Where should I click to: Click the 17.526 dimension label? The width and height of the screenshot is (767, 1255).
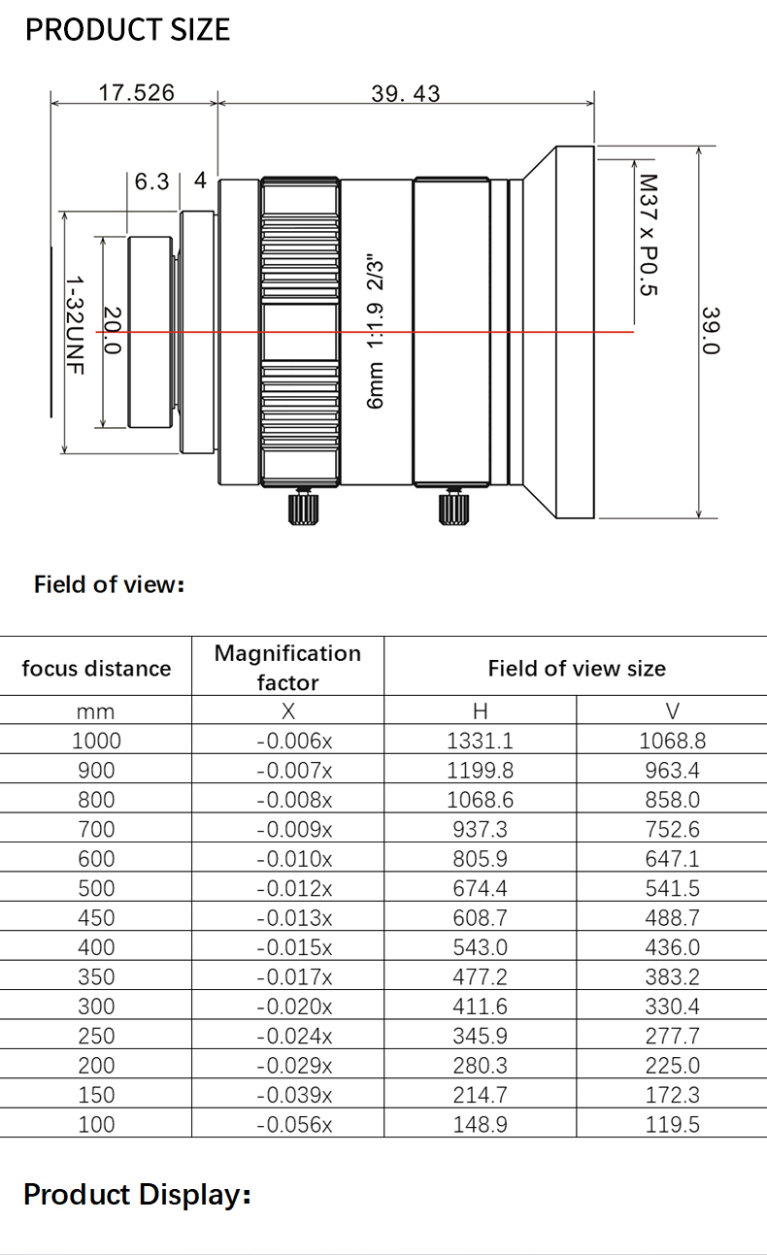point(136,92)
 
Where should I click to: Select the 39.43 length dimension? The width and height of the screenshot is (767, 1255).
point(405,93)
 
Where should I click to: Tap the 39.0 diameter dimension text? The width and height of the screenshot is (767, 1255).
point(711,330)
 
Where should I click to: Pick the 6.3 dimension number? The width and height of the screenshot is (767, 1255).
point(151,182)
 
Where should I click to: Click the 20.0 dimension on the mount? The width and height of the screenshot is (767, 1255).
point(112,330)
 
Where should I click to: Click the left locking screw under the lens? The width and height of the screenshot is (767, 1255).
point(302,506)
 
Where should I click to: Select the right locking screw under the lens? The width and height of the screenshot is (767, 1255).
point(450,507)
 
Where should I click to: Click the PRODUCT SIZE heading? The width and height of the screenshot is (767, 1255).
point(127,30)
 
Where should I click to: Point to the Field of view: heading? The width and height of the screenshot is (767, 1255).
point(109,584)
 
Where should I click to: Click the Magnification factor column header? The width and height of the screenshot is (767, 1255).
point(287,667)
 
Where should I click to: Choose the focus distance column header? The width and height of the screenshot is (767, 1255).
point(96,668)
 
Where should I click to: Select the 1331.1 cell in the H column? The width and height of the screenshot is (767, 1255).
point(480,741)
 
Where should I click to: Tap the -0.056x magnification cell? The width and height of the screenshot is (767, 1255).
point(294,1124)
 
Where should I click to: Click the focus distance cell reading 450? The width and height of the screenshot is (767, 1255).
point(96,917)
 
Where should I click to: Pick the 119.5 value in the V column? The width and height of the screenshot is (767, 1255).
point(672,1124)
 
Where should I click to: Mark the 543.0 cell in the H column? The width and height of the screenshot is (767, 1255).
point(480,946)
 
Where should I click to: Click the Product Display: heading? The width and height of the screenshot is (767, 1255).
point(137,1194)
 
